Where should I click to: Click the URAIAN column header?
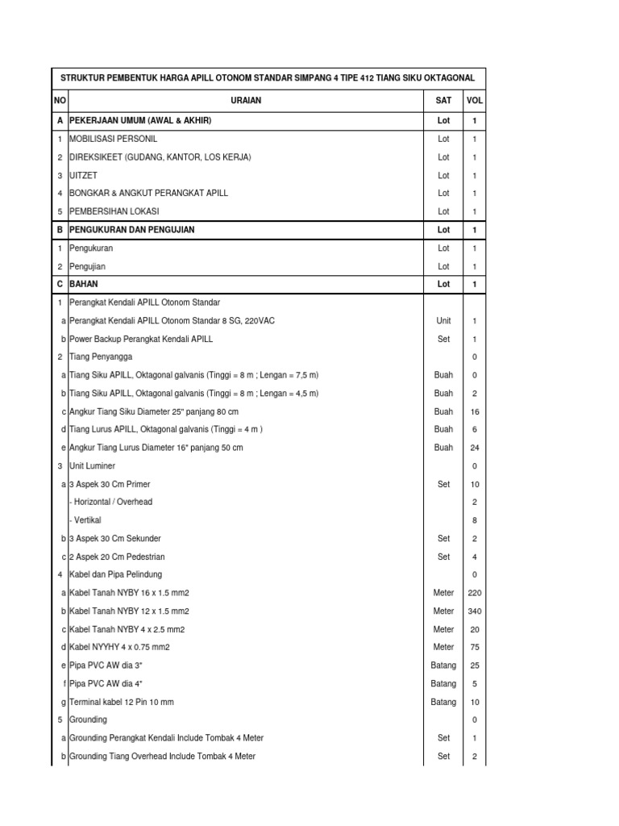pyautogui.click(x=245, y=101)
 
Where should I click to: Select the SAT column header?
pyautogui.click(x=443, y=101)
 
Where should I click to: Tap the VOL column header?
pyautogui.click(x=475, y=101)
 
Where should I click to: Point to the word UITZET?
pyautogui.click(x=85, y=176)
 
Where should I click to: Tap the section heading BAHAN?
pyautogui.click(x=84, y=285)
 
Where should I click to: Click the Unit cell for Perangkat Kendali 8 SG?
pyautogui.click(x=443, y=321)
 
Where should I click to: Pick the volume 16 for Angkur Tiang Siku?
pyautogui.click(x=475, y=411)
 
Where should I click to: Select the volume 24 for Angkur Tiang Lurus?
pyautogui.click(x=475, y=448)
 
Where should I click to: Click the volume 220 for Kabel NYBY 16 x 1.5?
pyautogui.click(x=475, y=593)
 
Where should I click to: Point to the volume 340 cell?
pyautogui.click(x=475, y=611)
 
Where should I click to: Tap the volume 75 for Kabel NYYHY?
pyautogui.click(x=475, y=647)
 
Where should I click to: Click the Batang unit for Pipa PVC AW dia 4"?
pyautogui.click(x=443, y=684)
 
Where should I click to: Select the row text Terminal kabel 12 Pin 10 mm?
pyautogui.click(x=122, y=703)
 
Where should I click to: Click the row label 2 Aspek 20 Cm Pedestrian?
pyautogui.click(x=117, y=557)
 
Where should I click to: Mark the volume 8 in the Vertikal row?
pyautogui.click(x=475, y=520)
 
